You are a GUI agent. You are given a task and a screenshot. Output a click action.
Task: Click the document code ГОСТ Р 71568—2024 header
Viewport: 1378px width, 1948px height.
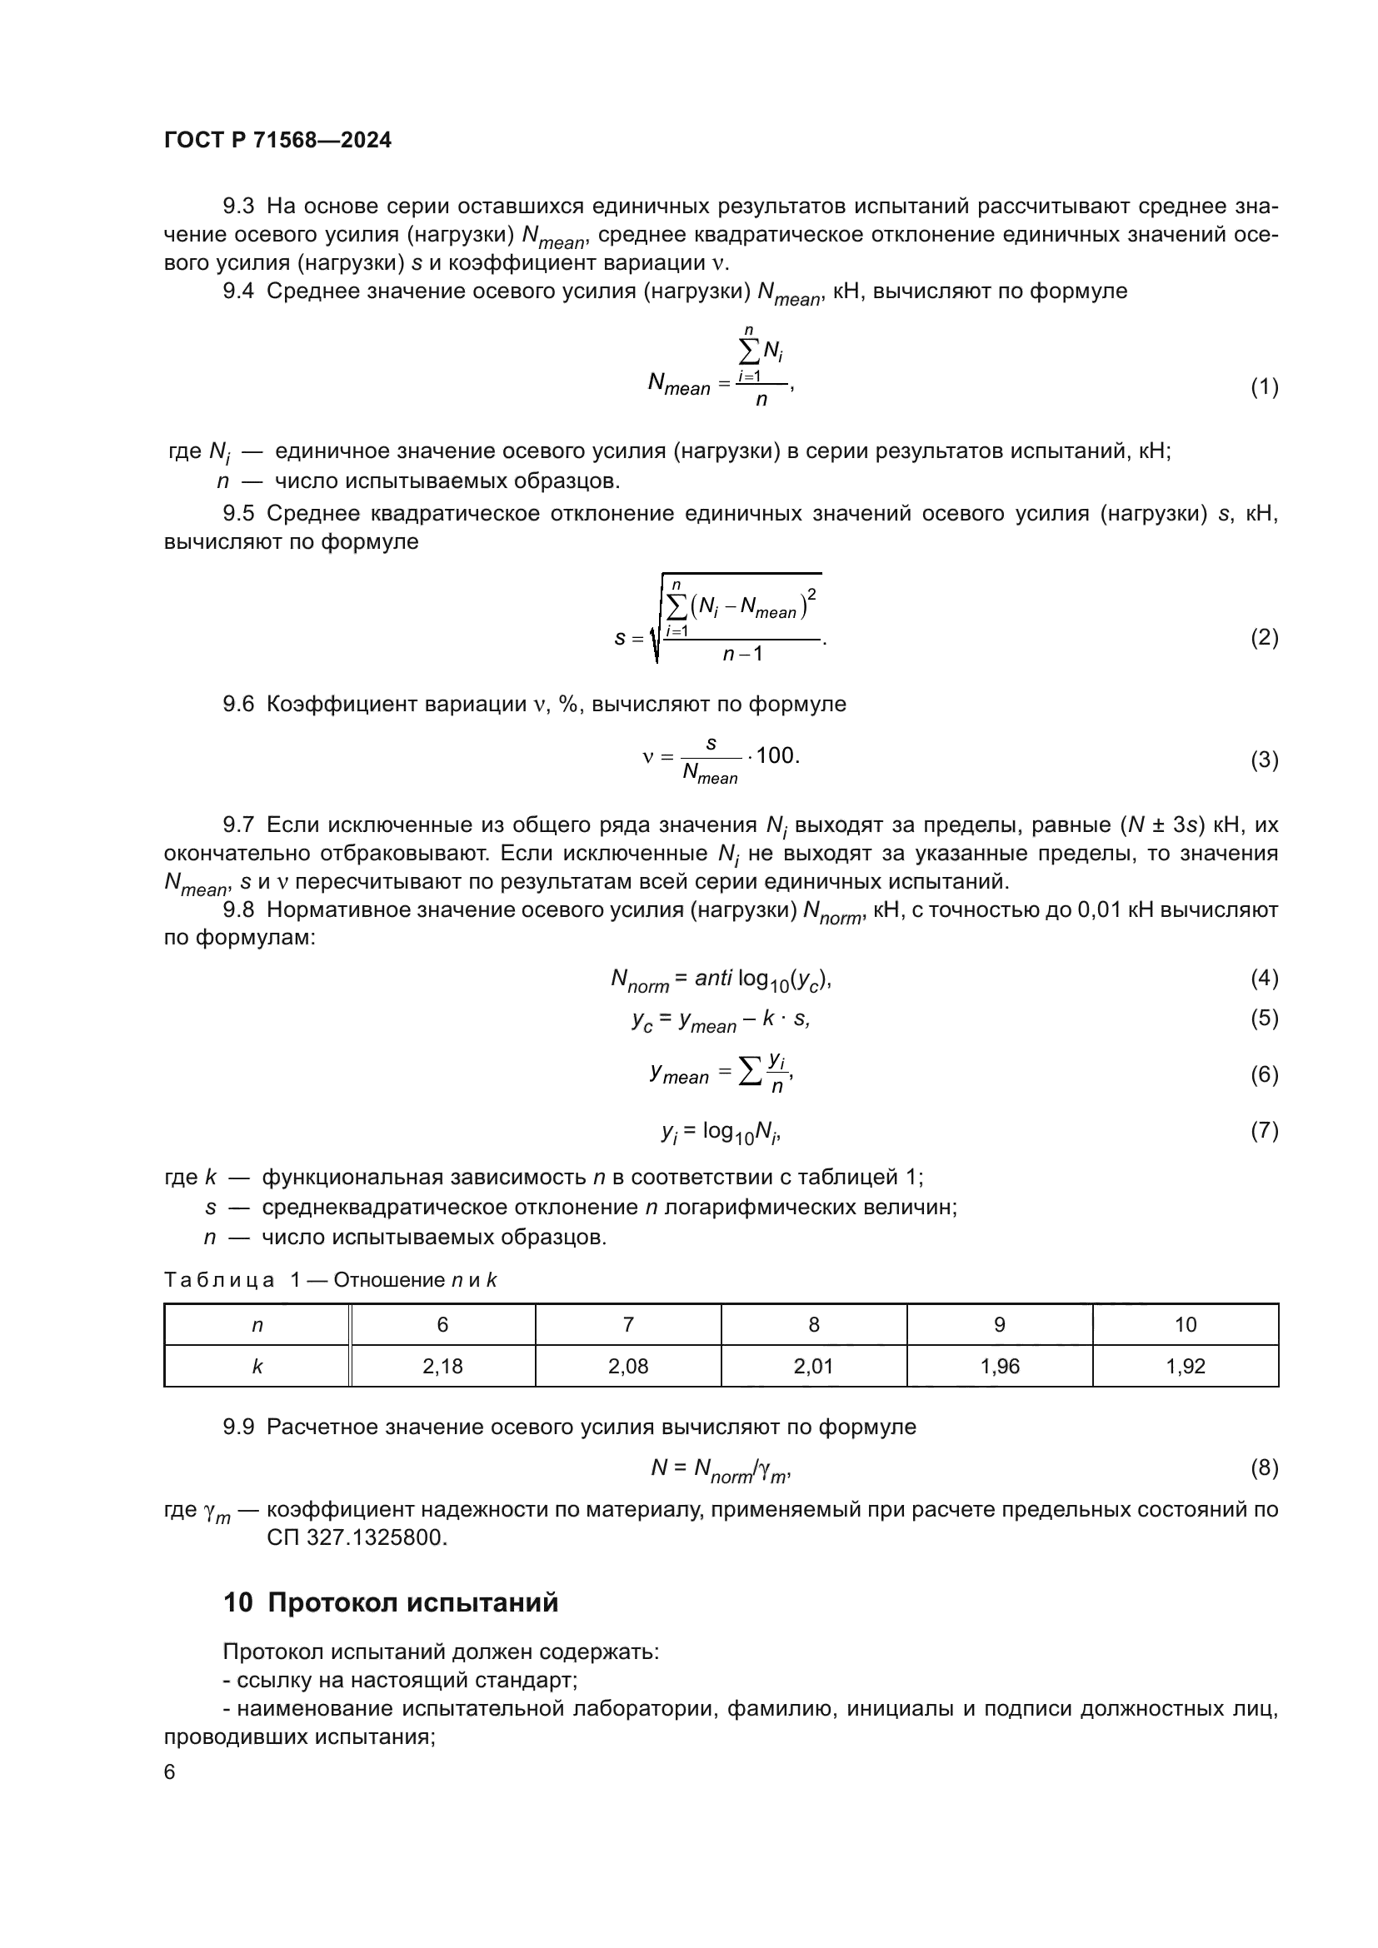point(277,141)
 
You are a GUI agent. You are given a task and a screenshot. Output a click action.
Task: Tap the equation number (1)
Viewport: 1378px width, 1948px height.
point(1264,388)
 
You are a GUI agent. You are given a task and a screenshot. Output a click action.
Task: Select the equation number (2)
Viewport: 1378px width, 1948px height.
point(1264,637)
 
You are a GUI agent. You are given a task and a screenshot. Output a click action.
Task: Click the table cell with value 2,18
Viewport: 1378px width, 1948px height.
point(442,1366)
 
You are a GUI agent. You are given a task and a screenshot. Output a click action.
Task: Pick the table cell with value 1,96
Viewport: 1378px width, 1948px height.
point(1000,1366)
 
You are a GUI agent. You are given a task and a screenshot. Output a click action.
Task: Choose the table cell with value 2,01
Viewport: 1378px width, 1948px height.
point(814,1366)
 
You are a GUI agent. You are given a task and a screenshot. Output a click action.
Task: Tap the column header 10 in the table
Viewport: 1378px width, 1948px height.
point(1186,1324)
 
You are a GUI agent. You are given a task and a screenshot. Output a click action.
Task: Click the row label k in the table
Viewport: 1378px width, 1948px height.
point(257,1366)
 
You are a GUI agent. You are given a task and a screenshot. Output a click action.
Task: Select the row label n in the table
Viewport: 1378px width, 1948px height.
point(257,1324)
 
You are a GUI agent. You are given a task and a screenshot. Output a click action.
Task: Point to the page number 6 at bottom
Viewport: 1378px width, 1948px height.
point(170,1772)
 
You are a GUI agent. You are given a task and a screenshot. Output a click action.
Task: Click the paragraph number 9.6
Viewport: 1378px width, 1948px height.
point(238,705)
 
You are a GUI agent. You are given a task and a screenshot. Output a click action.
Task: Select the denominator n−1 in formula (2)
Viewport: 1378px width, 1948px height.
point(742,654)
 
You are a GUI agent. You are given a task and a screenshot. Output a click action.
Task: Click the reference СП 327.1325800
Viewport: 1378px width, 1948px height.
point(357,1537)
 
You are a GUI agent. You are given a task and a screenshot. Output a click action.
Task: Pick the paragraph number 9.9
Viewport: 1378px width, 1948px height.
point(238,1427)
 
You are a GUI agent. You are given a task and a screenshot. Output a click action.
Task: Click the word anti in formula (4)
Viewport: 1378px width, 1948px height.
point(713,979)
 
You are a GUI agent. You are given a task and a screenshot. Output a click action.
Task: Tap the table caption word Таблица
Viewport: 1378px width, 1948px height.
point(219,1280)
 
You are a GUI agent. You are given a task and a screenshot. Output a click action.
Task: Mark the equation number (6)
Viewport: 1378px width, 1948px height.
point(1264,1075)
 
